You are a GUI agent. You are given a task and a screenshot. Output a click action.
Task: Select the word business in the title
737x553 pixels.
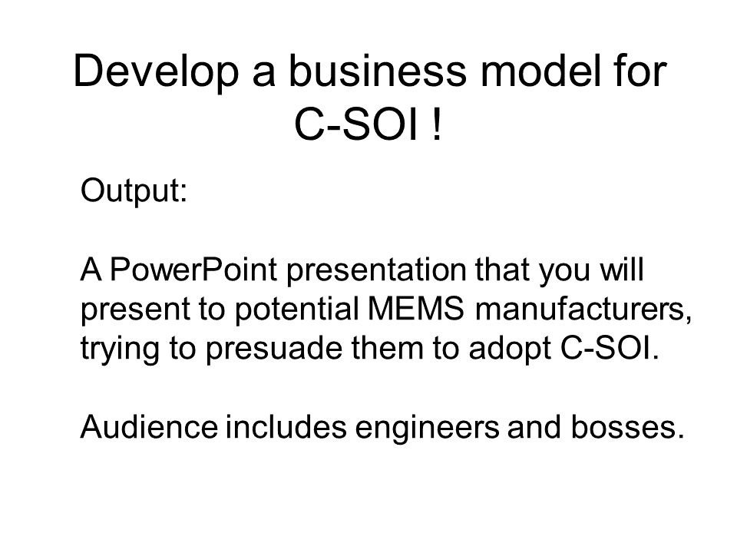pos(378,71)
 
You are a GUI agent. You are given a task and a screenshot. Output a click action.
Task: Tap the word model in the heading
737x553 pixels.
pos(540,71)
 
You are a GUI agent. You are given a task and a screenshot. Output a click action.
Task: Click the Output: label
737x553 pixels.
pos(134,190)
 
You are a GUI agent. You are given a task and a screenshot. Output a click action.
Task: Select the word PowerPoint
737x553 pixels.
pos(193,270)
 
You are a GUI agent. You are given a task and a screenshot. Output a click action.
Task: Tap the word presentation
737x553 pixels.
pos(376,271)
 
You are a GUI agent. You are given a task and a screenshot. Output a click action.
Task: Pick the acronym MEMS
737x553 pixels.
pos(416,309)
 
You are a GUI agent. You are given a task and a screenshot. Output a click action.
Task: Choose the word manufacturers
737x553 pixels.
pos(583,310)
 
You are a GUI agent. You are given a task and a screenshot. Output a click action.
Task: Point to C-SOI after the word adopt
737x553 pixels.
pos(606,349)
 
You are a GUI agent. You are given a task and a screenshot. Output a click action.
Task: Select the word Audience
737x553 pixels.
pos(149,427)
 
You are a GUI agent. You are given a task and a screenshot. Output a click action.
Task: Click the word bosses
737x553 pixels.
pos(623,427)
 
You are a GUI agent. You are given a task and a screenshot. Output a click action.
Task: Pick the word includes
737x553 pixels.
pos(286,427)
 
